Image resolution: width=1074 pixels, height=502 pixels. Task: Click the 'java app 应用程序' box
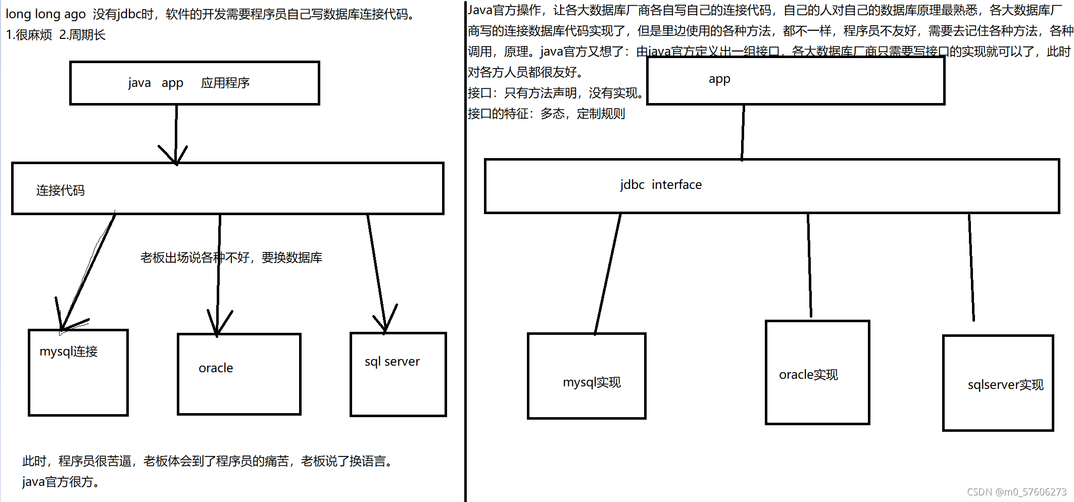pyautogui.click(x=194, y=83)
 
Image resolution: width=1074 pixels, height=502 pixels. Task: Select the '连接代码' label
pyautogui.click(x=60, y=190)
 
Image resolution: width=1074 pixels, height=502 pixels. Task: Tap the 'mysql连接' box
pyautogui.click(x=78, y=373)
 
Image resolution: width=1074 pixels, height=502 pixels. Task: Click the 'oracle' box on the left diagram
pyautogui.click(x=239, y=374)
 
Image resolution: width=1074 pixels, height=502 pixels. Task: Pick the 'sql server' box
pyautogui.click(x=398, y=374)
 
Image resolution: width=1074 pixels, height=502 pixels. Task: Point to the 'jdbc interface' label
pyautogui.click(x=661, y=185)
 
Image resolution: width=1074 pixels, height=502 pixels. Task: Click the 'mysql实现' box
pyautogui.click(x=587, y=376)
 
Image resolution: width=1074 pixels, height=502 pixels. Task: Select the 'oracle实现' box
pyautogui.click(x=817, y=373)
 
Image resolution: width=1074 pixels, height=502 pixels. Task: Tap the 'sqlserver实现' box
pyautogui.click(x=998, y=383)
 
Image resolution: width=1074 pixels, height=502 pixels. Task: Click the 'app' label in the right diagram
pyautogui.click(x=719, y=79)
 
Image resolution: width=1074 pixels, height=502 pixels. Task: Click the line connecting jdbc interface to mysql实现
pyautogui.click(x=608, y=273)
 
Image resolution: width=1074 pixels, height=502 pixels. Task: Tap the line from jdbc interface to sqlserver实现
pyautogui.click(x=971, y=268)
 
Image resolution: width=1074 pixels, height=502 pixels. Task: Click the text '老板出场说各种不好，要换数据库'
pyautogui.click(x=231, y=258)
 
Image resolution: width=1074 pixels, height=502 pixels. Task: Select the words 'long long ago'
pyautogui.click(x=45, y=14)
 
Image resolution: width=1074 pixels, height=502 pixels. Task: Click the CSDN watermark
pyautogui.click(x=1016, y=492)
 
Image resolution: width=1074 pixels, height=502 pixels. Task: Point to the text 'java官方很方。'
pyautogui.click(x=61, y=482)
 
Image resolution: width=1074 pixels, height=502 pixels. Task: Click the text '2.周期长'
pyautogui.click(x=82, y=35)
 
